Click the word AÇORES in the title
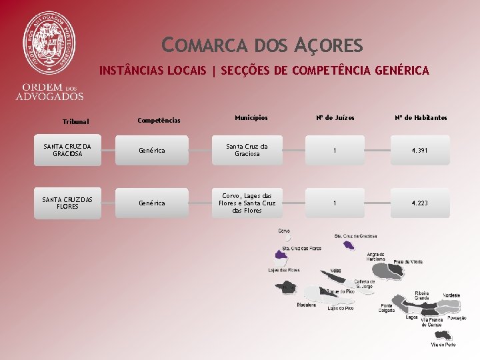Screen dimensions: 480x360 pyautogui.click(x=329, y=45)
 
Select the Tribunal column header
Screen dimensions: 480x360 pyautogui.click(x=75, y=122)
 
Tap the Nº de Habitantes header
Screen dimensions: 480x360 pyautogui.click(x=420, y=118)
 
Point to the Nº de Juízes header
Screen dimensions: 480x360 pyautogui.click(x=335, y=118)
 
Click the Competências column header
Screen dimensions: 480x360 pyautogui.click(x=159, y=121)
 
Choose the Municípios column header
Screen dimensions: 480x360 pyautogui.click(x=251, y=118)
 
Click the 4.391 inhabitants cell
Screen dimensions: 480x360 pyautogui.click(x=419, y=151)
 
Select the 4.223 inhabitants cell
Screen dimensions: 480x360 pyautogui.click(x=419, y=203)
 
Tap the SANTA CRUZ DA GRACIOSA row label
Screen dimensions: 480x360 pyautogui.click(x=67, y=150)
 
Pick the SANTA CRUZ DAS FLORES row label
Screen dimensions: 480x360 pyautogui.click(x=67, y=203)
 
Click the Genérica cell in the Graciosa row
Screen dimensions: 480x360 pyautogui.click(x=151, y=151)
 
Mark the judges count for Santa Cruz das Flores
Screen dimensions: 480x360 pyautogui.click(x=335, y=203)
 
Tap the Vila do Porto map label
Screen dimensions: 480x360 pyautogui.click(x=443, y=345)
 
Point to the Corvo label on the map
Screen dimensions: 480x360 pyautogui.click(x=283, y=230)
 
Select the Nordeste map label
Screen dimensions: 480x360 pyautogui.click(x=451, y=295)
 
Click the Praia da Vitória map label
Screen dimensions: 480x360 pyautogui.click(x=407, y=261)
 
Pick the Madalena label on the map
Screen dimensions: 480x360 pyautogui.click(x=307, y=305)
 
